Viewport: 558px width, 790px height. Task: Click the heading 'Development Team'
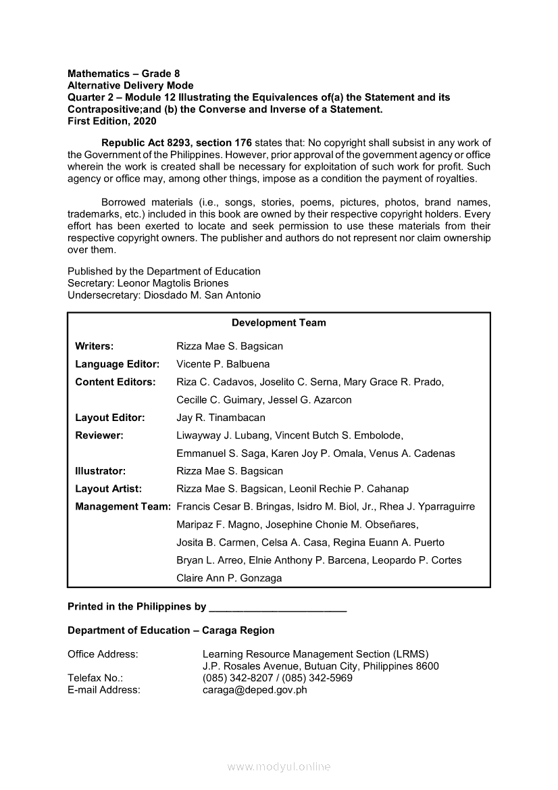[x=278, y=323]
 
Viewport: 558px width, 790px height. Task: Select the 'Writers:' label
[x=94, y=346]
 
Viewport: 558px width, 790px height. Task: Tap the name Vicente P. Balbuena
[x=223, y=364]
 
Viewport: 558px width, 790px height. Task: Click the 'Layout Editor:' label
[x=109, y=418]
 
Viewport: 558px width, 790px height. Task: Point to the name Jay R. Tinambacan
[x=221, y=418]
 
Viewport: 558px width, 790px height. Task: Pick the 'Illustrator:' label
[x=100, y=471]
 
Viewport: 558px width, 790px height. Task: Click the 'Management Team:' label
[x=122, y=507]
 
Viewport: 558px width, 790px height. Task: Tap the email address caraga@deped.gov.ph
[x=255, y=690]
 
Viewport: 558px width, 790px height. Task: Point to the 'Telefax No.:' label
[x=95, y=678]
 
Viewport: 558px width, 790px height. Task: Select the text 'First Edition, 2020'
[x=111, y=122]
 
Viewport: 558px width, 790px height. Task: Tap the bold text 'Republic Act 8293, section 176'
[x=176, y=143]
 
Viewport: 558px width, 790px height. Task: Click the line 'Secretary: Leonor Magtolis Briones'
[x=148, y=283]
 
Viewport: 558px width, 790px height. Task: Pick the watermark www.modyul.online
[x=279, y=767]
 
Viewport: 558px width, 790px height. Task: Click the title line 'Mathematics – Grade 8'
[x=124, y=73]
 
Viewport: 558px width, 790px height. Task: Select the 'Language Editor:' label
[x=117, y=364]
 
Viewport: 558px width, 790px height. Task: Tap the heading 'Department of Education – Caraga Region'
[x=171, y=631]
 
